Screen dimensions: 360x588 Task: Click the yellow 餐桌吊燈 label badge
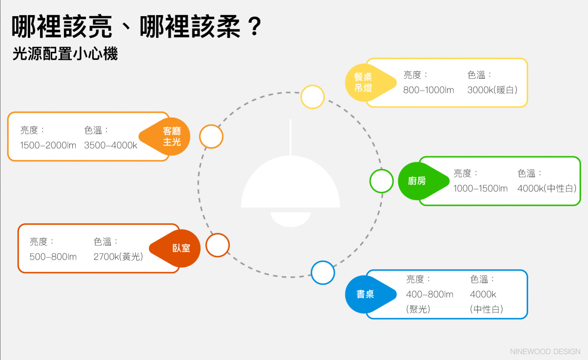(364, 83)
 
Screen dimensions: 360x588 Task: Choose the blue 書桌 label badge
(365, 294)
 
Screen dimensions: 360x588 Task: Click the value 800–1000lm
(429, 90)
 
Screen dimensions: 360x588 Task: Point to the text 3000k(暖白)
(492, 90)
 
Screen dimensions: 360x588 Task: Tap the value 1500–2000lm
(48, 146)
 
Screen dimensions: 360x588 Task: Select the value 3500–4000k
(111, 146)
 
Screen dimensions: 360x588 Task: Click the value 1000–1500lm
(480, 189)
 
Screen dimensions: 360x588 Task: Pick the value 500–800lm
(53, 257)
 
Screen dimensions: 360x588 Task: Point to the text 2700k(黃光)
(118, 257)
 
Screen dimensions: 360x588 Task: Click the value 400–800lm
(430, 295)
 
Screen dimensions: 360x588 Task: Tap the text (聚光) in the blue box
(418, 309)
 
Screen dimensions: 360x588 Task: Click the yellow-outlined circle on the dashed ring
(312, 97)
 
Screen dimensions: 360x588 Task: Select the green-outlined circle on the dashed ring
(381, 181)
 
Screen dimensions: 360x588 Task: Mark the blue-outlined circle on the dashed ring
(323, 272)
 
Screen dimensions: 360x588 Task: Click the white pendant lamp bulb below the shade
(290, 219)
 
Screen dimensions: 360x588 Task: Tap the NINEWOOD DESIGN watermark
(545, 352)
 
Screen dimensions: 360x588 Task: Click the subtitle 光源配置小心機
(65, 54)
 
